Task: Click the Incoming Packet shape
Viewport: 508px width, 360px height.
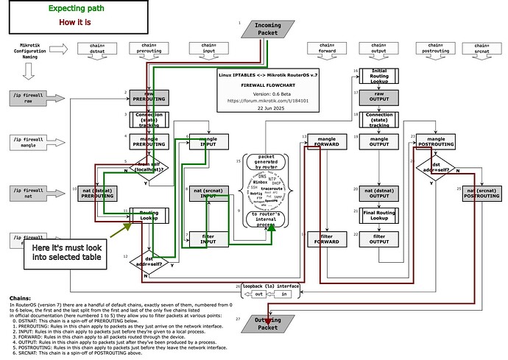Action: [267, 29]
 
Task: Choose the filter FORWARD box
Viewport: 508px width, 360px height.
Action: [326, 240]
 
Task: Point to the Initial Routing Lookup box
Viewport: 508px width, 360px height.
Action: [379, 75]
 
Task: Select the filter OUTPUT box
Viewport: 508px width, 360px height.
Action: [379, 240]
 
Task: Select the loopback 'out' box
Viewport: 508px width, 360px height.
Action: [258, 294]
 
